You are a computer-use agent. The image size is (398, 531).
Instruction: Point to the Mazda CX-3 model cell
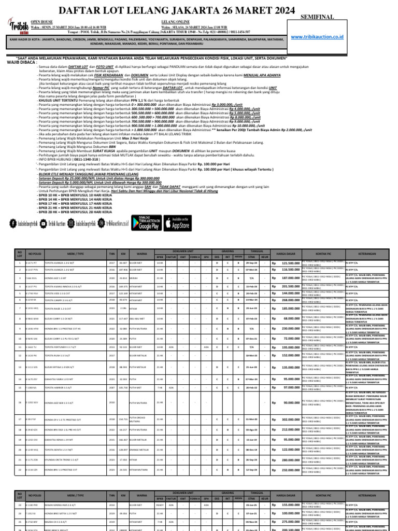[x=55, y=522]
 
